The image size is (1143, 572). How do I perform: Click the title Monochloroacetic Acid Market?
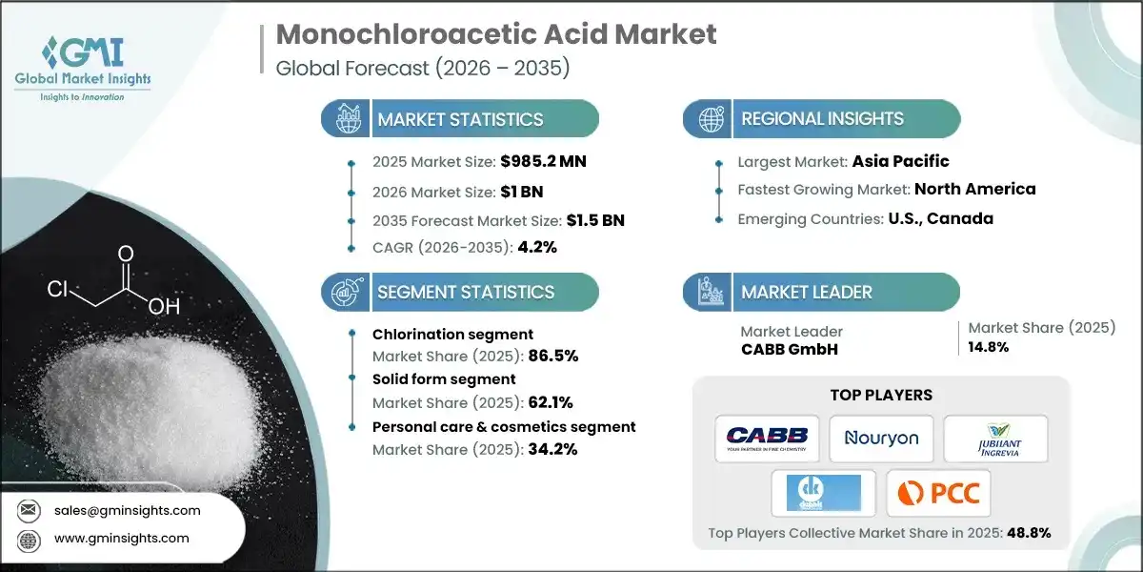pos(495,35)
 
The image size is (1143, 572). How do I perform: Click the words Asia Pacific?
pos(900,161)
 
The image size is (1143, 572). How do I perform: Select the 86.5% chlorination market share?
pos(553,356)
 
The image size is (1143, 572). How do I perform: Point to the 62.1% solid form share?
pos(553,401)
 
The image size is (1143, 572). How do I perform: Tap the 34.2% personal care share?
pos(553,449)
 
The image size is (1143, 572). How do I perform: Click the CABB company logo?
pos(766,438)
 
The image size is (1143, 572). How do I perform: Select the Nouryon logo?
pos(881,438)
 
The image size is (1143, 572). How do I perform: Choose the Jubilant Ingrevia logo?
pos(995,438)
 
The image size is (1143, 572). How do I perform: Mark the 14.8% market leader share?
pos(989,347)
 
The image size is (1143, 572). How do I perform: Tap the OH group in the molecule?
pos(164,307)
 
